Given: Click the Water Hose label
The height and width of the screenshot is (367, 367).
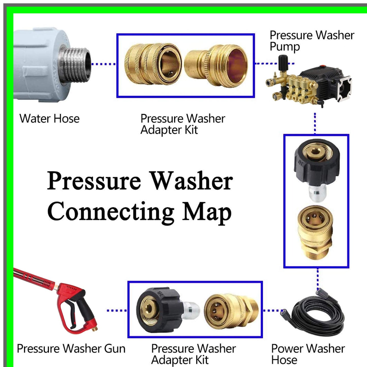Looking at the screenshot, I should (x=50, y=119).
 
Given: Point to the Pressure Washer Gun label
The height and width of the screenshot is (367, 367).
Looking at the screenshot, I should (x=71, y=348).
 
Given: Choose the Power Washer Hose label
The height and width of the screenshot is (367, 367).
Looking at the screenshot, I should (x=308, y=354).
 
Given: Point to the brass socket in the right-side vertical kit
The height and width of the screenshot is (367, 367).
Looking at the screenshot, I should (x=315, y=232).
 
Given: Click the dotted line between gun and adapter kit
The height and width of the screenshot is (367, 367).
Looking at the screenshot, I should (x=117, y=310).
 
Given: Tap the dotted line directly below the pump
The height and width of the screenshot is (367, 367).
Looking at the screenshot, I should (x=315, y=123).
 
